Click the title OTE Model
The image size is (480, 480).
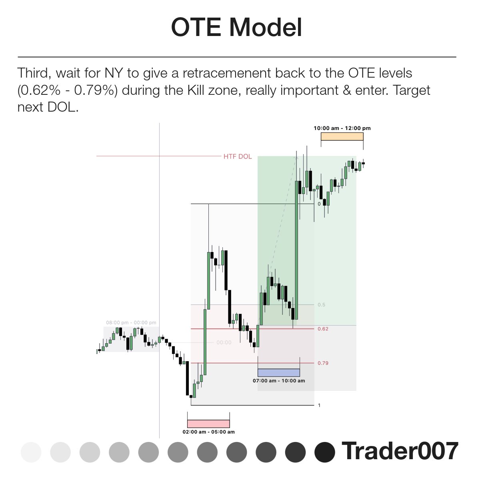[236, 28]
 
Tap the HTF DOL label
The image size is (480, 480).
[238, 156]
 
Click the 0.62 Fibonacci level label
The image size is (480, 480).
[323, 329]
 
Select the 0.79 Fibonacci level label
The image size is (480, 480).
[323, 363]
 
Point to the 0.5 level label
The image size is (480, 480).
[321, 305]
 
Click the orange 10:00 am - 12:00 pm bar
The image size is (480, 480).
[342, 136]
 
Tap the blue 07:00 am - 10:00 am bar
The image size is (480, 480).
[279, 372]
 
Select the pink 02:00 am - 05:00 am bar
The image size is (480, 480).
[208, 424]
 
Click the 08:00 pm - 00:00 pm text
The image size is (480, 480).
[131, 322]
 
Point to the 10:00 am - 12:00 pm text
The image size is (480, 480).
[342, 128]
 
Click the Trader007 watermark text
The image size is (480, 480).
[400, 451]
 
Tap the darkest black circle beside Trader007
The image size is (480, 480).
[325, 452]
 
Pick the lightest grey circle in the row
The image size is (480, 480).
[31, 452]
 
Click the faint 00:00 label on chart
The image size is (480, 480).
[224, 342]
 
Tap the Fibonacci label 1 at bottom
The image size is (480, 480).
[319, 405]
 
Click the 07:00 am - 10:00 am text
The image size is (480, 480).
[279, 381]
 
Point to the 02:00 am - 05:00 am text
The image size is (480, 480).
[208, 432]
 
